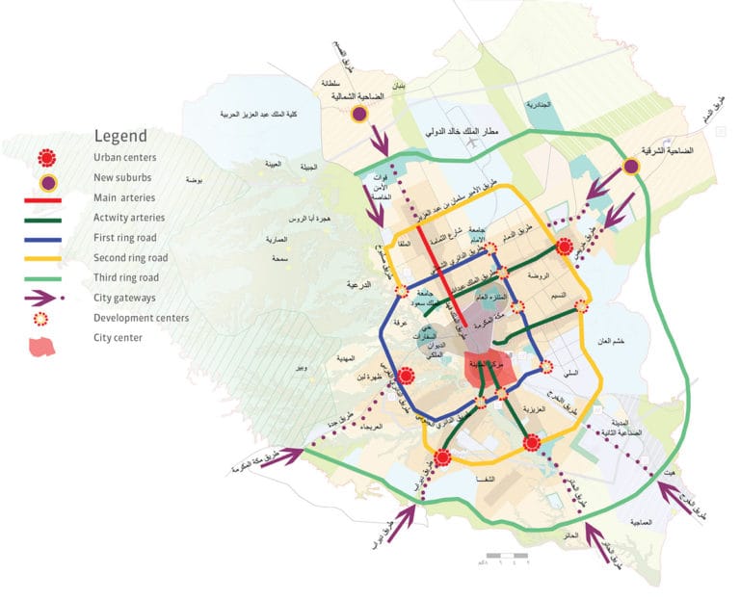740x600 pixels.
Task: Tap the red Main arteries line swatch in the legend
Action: (x=42, y=199)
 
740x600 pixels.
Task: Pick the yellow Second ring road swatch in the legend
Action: (x=42, y=258)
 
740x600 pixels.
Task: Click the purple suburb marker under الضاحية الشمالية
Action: (x=359, y=114)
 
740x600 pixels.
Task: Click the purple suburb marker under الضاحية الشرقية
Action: (x=631, y=167)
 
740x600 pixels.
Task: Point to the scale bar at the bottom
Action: (x=504, y=557)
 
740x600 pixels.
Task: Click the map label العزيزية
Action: (x=533, y=409)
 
